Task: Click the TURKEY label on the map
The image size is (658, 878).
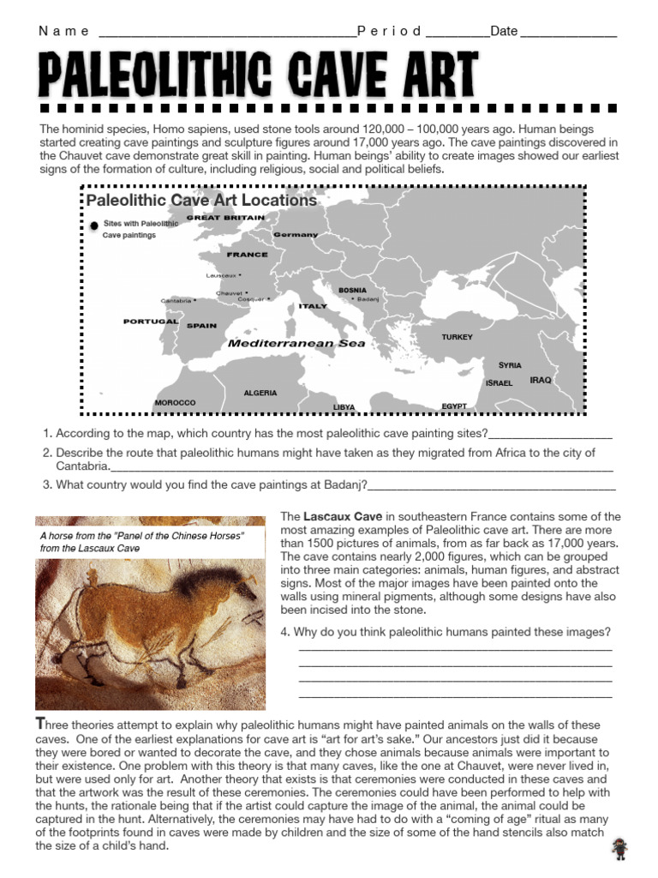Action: pos(457,337)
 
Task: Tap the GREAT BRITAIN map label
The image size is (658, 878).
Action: pos(225,218)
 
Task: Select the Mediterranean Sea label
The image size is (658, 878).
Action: pos(296,343)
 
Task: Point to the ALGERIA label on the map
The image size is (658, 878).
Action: pos(260,393)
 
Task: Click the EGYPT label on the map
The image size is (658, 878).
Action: pos(454,406)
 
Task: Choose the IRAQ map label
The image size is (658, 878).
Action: pos(541,380)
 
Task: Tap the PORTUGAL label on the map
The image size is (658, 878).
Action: pos(151,322)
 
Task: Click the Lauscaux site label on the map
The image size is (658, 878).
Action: pos(221,275)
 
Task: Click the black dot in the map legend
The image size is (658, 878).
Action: pos(93,226)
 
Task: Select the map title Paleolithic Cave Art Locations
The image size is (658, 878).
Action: pos(201,201)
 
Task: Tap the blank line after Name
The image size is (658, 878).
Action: pos(227,34)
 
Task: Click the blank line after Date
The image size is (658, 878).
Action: pos(568,34)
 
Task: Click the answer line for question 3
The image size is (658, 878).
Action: pos(492,488)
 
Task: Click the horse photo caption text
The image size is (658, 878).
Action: pos(142,541)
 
